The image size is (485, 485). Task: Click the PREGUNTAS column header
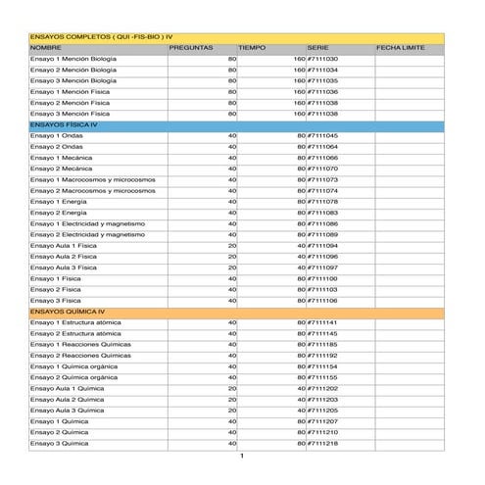tap(191, 47)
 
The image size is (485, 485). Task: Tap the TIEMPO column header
tap(252, 47)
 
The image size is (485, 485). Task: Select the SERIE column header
tap(317, 47)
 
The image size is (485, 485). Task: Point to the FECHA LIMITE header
tap(400, 47)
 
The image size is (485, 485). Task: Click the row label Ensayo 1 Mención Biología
tap(73, 59)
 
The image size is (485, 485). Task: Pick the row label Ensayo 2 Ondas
tap(57, 147)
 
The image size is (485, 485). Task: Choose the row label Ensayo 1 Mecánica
tap(61, 158)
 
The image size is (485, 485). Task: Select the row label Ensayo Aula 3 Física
tap(64, 267)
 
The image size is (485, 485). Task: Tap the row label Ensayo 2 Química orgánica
tap(73, 377)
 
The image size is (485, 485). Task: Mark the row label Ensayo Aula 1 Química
tap(67, 388)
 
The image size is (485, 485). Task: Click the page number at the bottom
tap(242, 456)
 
